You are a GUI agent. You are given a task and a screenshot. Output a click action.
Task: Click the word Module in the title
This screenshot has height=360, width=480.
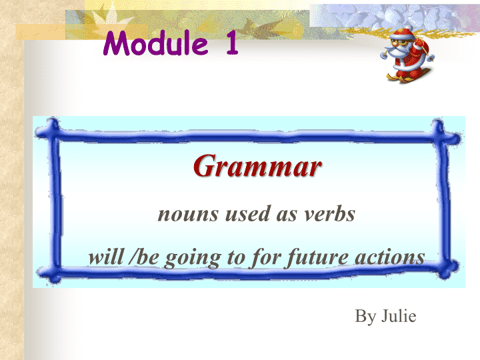(x=156, y=43)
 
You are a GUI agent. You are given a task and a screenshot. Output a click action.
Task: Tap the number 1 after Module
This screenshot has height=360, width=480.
(x=233, y=43)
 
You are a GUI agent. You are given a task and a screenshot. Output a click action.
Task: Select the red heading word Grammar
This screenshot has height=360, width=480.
(x=257, y=166)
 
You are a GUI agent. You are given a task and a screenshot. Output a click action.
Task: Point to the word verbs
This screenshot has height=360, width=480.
(x=330, y=213)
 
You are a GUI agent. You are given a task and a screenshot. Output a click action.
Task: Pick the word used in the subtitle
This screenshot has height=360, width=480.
(x=248, y=213)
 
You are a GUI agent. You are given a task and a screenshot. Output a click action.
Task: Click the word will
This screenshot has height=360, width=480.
(x=106, y=257)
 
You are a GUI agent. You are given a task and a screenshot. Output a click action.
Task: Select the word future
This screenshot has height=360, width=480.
(x=318, y=258)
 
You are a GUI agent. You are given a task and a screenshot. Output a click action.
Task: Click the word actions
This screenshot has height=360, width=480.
(x=390, y=257)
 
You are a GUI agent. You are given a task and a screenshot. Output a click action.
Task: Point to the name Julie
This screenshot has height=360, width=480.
(x=399, y=315)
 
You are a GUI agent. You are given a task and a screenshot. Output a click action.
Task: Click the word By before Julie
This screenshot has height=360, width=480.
(x=366, y=317)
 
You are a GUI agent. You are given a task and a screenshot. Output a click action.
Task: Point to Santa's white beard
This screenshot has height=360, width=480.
(x=397, y=51)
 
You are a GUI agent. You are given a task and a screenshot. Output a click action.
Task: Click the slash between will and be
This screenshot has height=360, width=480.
(x=132, y=257)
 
